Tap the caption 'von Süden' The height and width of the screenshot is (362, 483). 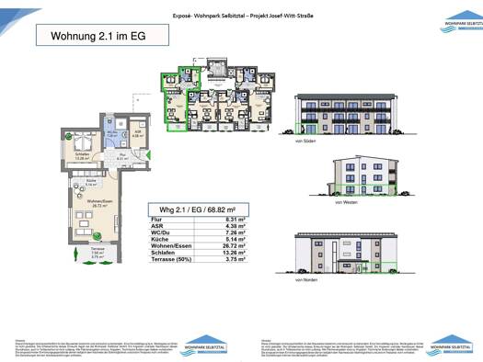(306, 142)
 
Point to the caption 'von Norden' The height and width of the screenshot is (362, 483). (305, 291)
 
